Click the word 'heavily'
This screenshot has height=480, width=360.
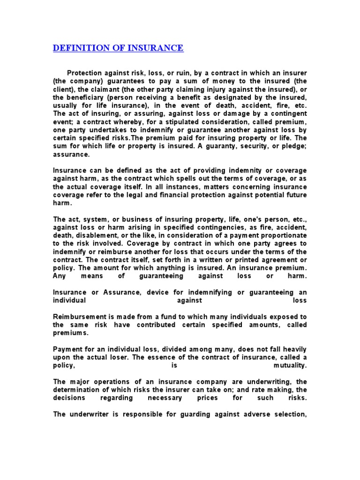click(293, 349)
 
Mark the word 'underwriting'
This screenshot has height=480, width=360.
click(268, 382)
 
